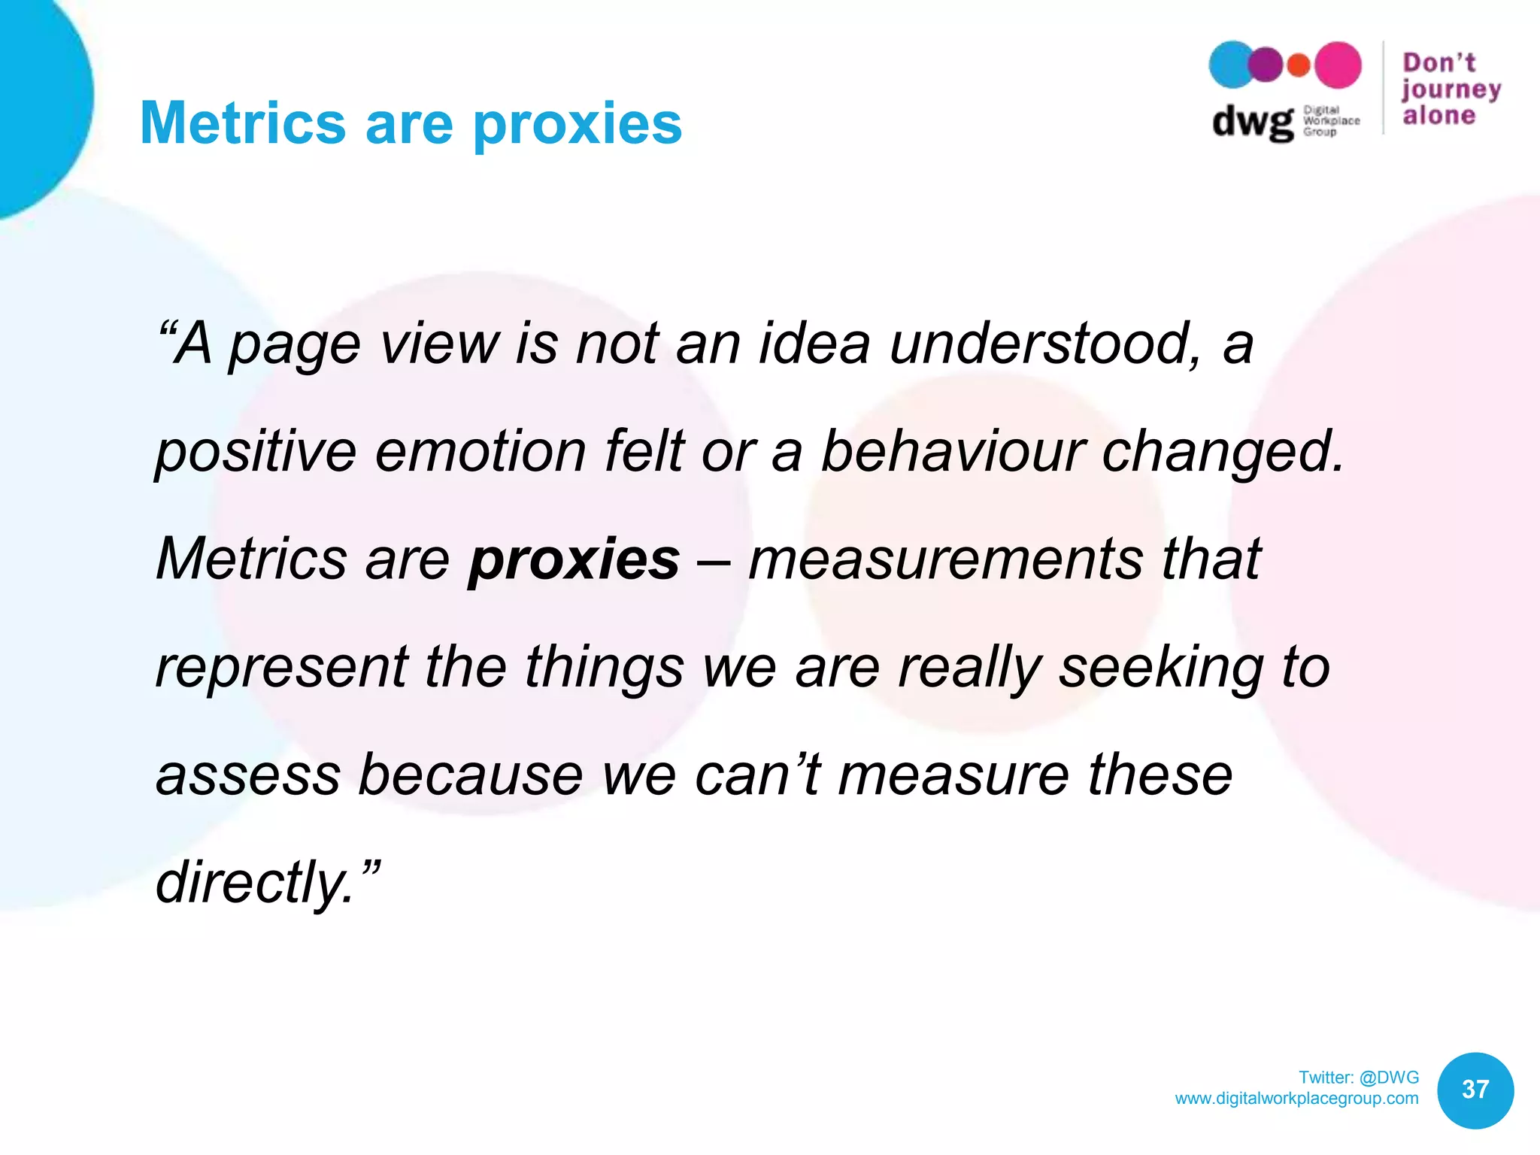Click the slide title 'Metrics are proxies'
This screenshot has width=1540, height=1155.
point(411,123)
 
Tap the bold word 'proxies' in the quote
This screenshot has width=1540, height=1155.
point(574,560)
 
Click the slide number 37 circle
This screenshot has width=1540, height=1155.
point(1475,1090)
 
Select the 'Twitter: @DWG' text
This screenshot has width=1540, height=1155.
point(1358,1078)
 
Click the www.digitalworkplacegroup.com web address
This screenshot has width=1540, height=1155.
point(1296,1099)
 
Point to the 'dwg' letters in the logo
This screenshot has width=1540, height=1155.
point(1251,122)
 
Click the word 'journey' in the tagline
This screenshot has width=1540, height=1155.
point(1451,90)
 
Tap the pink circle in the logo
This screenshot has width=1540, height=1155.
point(1337,65)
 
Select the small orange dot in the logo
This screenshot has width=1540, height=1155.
point(1299,66)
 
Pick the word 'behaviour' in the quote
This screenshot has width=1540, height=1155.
point(952,452)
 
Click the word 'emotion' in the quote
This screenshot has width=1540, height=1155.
point(480,452)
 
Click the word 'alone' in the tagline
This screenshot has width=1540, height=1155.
point(1439,116)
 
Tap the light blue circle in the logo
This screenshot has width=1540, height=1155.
point(1230,65)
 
